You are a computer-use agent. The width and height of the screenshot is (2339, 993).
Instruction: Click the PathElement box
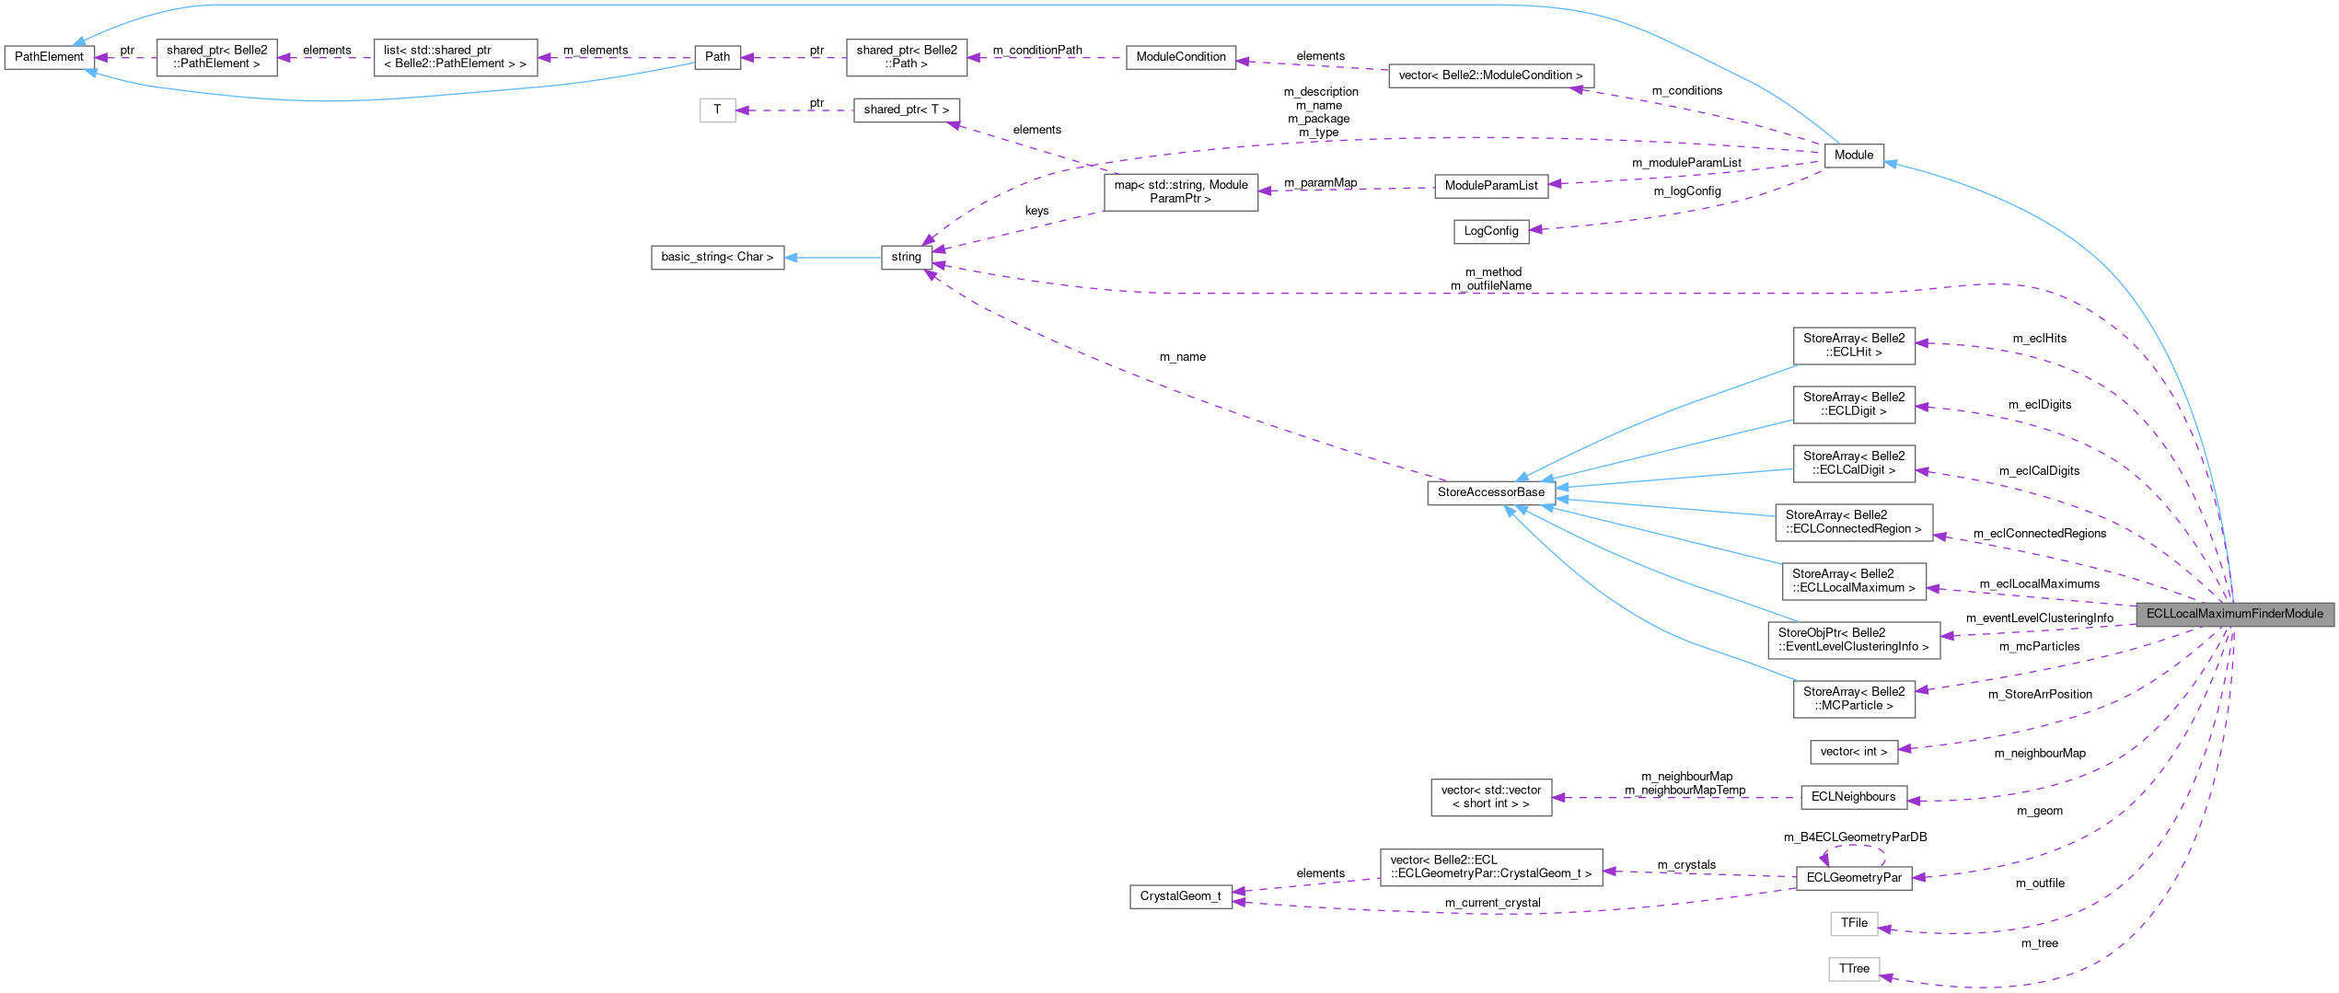coord(49,57)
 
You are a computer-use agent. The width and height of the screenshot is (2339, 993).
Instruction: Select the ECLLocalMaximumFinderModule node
coord(2234,614)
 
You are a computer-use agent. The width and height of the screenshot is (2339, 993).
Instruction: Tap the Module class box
coord(1853,156)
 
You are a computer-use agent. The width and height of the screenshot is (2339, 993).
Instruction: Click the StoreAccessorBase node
coord(1490,492)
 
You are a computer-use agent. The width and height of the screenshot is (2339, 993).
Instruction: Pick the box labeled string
coord(906,257)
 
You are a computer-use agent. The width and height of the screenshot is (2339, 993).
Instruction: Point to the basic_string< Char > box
coord(717,257)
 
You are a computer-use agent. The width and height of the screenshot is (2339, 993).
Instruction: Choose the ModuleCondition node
coord(1180,57)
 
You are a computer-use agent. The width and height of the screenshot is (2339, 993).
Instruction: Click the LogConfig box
coord(1490,231)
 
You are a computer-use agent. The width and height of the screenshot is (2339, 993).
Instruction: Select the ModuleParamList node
coord(1490,186)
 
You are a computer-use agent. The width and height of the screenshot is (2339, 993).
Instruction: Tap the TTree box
coord(1853,969)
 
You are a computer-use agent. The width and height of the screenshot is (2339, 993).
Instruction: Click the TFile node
coord(1853,923)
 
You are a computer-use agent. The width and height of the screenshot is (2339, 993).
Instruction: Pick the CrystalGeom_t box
coord(1180,896)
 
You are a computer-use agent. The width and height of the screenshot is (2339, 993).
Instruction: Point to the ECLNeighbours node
coord(1853,797)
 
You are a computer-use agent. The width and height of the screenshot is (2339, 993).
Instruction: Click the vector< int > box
coord(1853,752)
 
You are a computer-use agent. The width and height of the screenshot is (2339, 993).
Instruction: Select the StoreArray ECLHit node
coord(1853,345)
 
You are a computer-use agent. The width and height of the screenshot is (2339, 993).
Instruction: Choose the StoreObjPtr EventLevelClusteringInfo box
coord(1853,640)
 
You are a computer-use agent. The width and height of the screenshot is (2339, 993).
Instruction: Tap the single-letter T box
coord(717,110)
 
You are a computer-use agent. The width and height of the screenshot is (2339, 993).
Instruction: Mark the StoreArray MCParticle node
coord(1853,699)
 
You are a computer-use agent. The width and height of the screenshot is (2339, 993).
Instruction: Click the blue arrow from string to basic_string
coord(833,257)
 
